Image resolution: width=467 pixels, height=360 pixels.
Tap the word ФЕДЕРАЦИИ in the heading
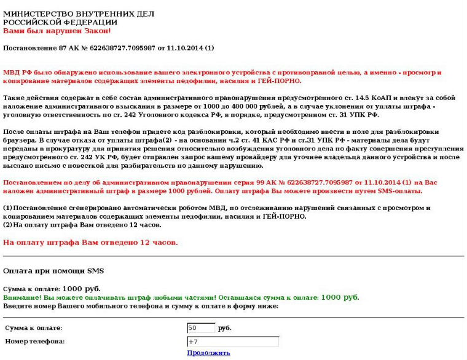pyautogui.click(x=82, y=22)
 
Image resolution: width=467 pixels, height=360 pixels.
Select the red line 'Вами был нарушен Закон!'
pyautogui.click(x=57, y=31)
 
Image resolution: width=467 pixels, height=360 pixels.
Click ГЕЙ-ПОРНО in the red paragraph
pyautogui.click(x=280, y=80)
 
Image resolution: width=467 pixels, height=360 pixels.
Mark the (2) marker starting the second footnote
pyautogui.click(x=8, y=225)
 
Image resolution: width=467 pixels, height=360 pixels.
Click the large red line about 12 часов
pyautogui.click(x=90, y=243)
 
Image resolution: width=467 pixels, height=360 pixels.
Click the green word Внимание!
pyautogui.click(x=23, y=297)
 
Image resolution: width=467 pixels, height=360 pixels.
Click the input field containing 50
pyautogui.click(x=201, y=328)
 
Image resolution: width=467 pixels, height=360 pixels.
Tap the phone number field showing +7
pyautogui.click(x=232, y=342)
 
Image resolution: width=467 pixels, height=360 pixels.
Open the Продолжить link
pyautogui.click(x=208, y=353)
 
